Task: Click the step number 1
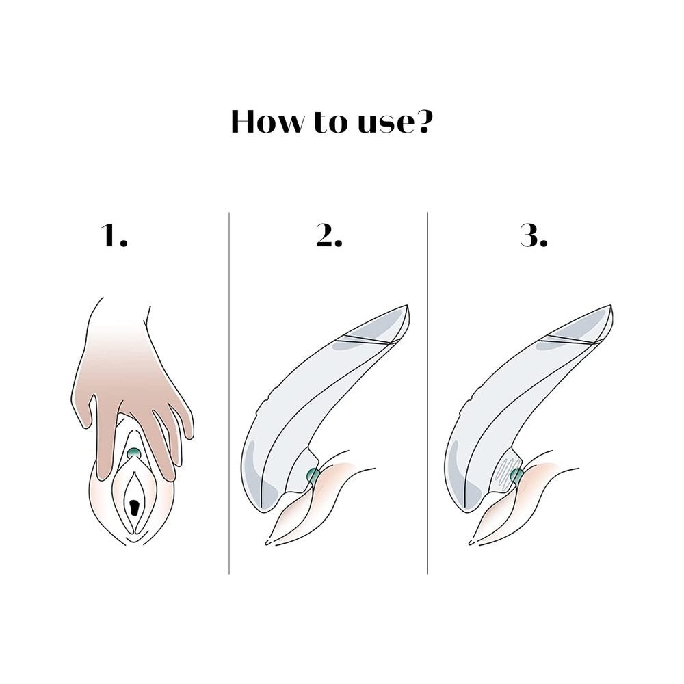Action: coord(114,235)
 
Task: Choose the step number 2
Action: coord(330,235)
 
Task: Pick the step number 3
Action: coord(534,235)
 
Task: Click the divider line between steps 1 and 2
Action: coord(229,393)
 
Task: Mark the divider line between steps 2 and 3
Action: coord(428,393)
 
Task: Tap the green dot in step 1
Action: coord(134,453)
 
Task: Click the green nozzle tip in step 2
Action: coord(313,476)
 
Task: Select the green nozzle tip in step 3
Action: coord(517,476)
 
